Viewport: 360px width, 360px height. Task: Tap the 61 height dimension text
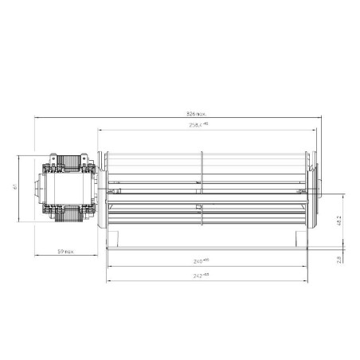point(16,189)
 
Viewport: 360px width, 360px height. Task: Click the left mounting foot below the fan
point(116,236)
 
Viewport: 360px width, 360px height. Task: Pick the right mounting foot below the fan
point(299,236)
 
